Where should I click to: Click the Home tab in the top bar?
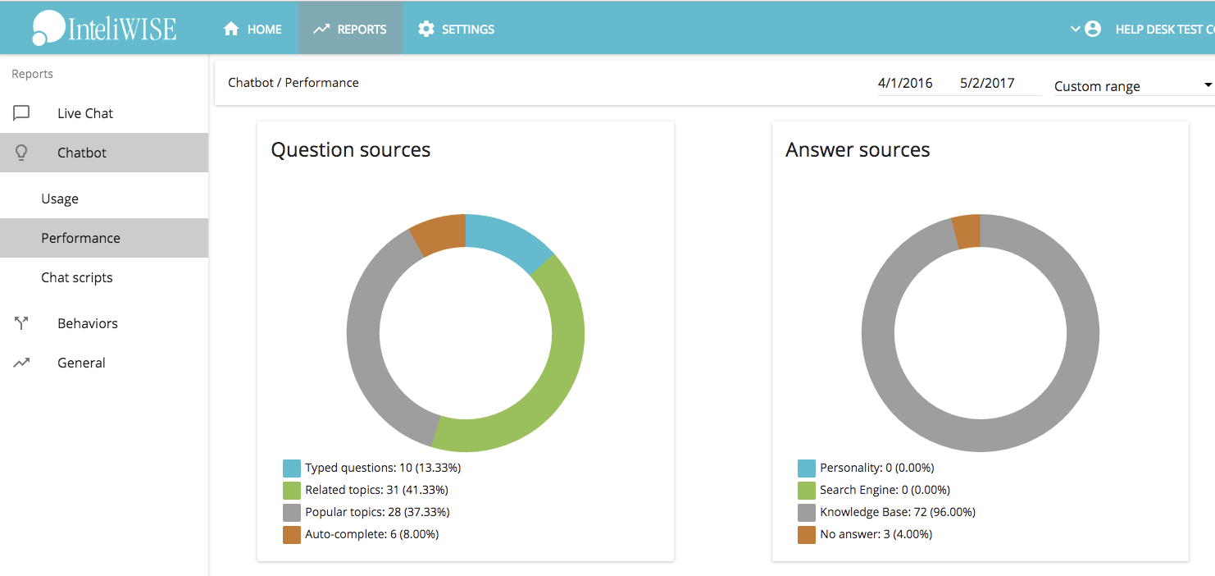pyautogui.click(x=253, y=29)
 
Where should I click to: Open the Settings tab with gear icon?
pyautogui.click(x=456, y=29)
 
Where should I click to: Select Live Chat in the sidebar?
pyautogui.click(x=85, y=113)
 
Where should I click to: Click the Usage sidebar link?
pyautogui.click(x=60, y=199)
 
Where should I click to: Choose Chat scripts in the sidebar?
pyautogui.click(x=77, y=277)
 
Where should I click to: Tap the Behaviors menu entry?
pyautogui.click(x=88, y=323)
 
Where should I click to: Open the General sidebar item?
pyautogui.click(x=81, y=363)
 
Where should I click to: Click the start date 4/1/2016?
pyautogui.click(x=905, y=83)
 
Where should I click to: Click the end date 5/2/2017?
pyautogui.click(x=987, y=83)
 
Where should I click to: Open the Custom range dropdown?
pyautogui.click(x=1131, y=86)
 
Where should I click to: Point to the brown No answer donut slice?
pyautogui.click(x=967, y=231)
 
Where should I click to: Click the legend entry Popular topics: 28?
pyautogui.click(x=376, y=512)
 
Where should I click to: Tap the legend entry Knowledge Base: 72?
pyautogui.click(x=897, y=512)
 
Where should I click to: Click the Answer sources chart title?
pyautogui.click(x=858, y=150)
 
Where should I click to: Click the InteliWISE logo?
pyautogui.click(x=104, y=29)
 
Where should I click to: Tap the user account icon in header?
pyautogui.click(x=1093, y=29)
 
